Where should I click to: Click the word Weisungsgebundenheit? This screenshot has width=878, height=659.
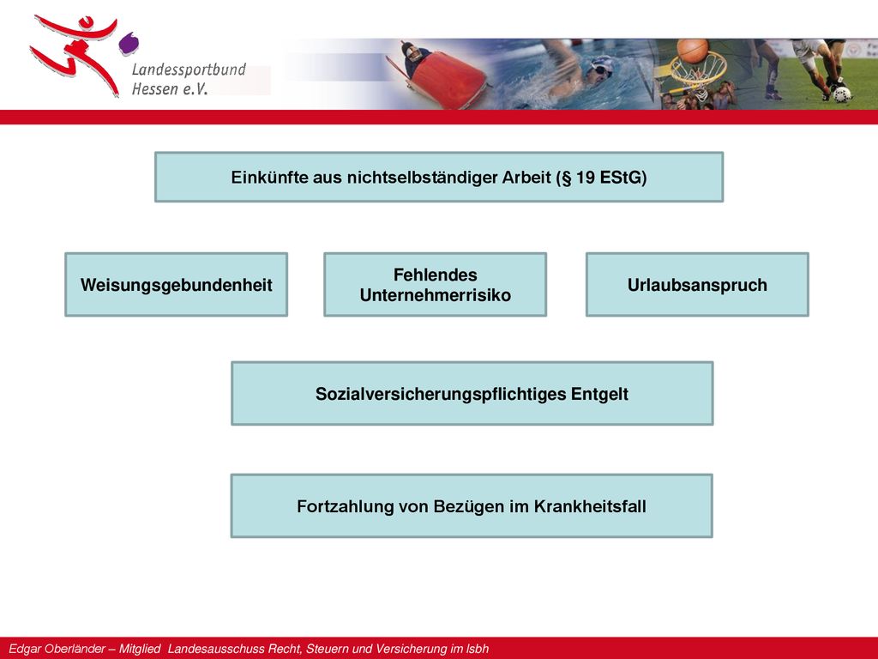pos(177,285)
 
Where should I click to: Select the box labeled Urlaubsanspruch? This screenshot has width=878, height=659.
pos(697,285)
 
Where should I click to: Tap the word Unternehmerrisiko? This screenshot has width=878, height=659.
pos(435,295)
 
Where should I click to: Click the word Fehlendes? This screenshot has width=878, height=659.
pos(435,275)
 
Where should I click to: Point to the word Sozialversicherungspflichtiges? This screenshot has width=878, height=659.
pos(441,394)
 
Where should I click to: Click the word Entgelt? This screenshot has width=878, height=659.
pos(599,394)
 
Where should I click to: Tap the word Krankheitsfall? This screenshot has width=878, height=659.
pos(590,506)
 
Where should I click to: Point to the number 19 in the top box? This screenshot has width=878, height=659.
pos(585,178)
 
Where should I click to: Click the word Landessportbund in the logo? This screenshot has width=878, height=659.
pos(189,70)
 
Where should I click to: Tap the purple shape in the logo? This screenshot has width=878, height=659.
pos(129,45)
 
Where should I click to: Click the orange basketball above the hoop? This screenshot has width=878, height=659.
pos(693,51)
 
